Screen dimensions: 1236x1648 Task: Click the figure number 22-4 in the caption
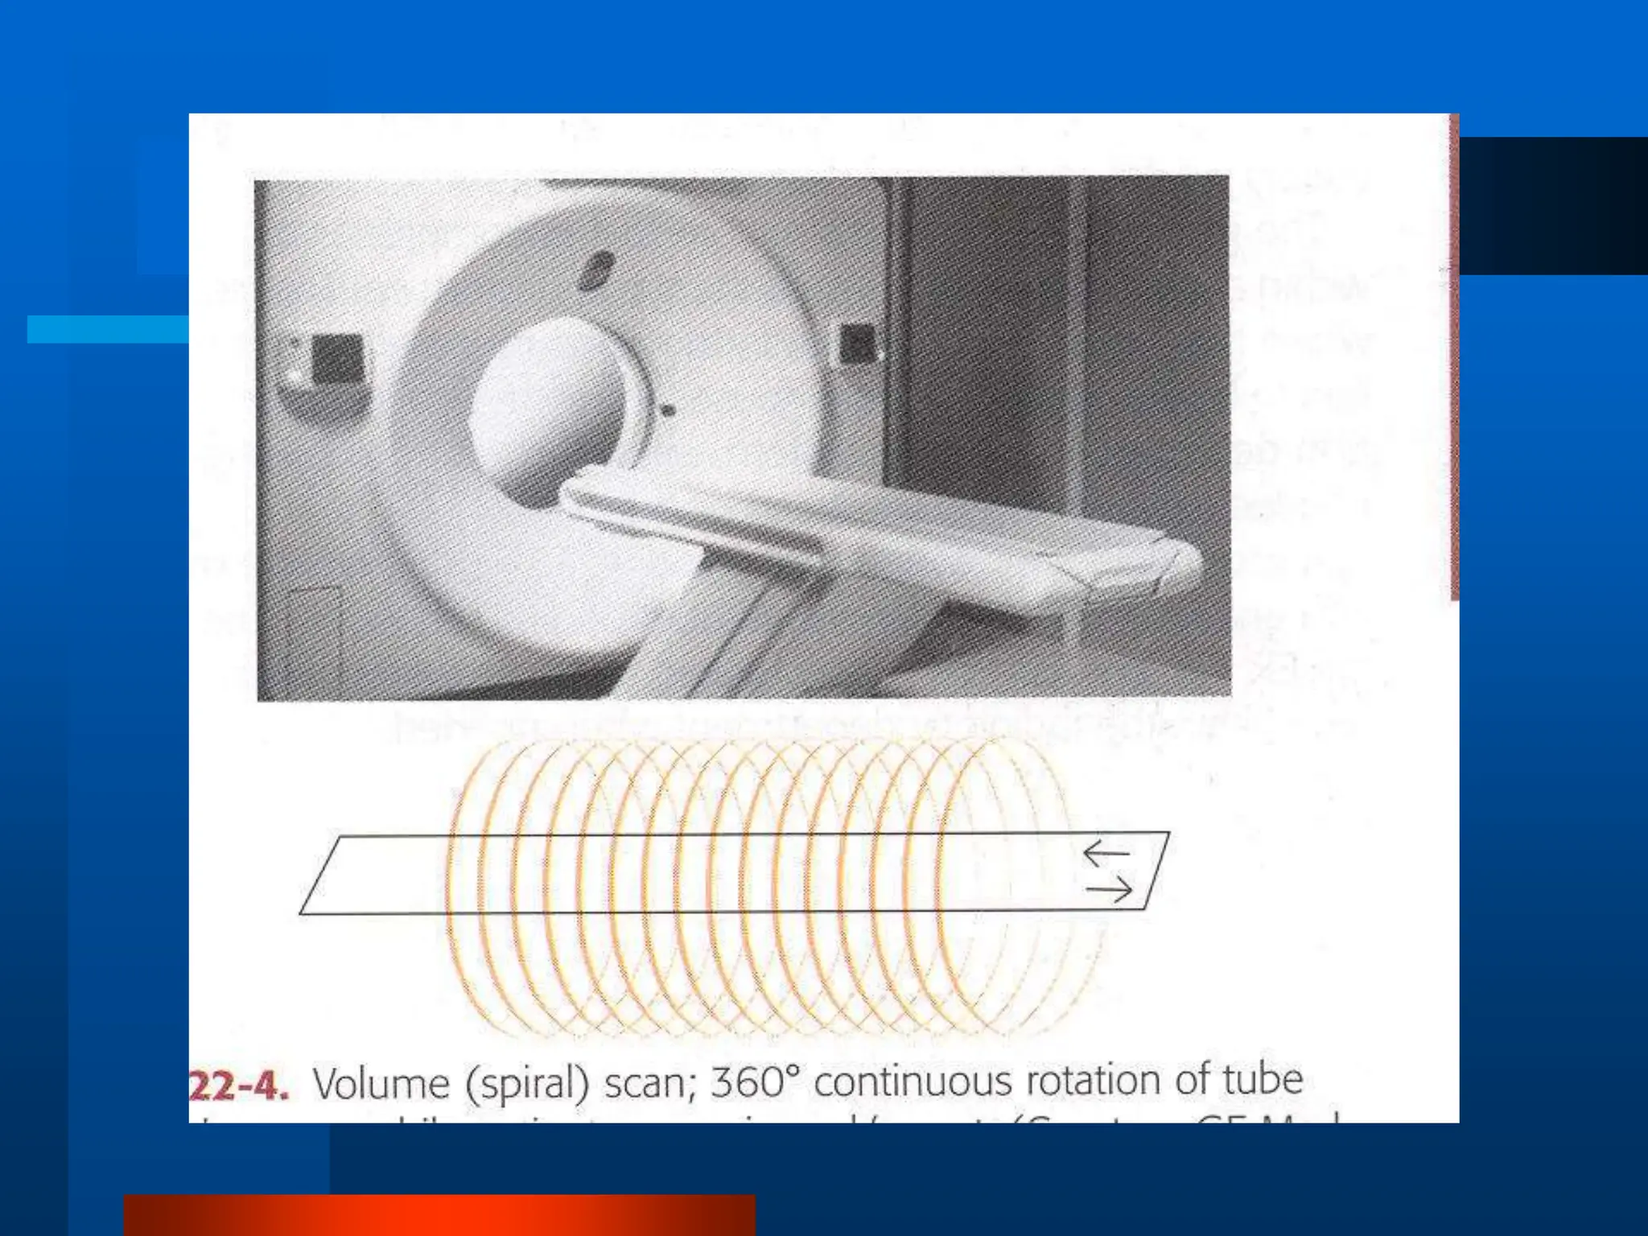(x=239, y=1086)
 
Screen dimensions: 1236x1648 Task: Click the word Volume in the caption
(x=381, y=1083)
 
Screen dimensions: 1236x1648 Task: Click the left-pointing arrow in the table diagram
(x=1106, y=853)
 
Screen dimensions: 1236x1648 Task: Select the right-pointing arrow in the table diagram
(x=1109, y=890)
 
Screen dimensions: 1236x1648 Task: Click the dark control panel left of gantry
(x=336, y=358)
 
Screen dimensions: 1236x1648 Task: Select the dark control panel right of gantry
(x=856, y=344)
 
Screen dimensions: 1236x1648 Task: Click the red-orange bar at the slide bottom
(x=439, y=1215)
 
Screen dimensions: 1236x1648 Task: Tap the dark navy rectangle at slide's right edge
(x=1553, y=206)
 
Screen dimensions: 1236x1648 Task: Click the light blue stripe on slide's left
(x=108, y=329)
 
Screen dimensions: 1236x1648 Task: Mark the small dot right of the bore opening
(x=667, y=411)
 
